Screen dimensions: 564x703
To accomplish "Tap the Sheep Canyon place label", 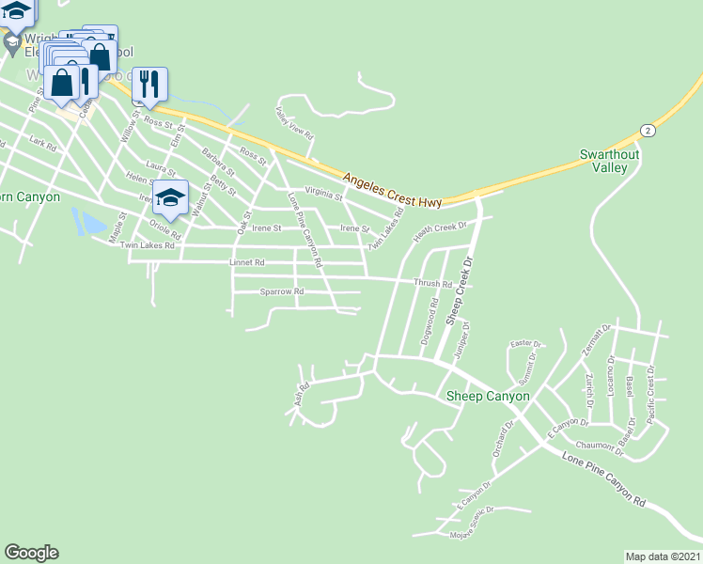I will (x=488, y=397).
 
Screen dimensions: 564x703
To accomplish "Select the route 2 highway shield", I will (x=647, y=129).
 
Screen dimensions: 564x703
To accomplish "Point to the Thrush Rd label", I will (x=433, y=283).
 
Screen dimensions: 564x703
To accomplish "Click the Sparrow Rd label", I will (x=282, y=292).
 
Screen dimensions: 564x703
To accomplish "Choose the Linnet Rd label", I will (x=247, y=263).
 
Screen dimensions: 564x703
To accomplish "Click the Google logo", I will (x=32, y=553).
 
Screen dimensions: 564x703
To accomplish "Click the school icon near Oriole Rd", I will (x=170, y=196).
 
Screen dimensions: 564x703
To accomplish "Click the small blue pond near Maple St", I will (x=88, y=224).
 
